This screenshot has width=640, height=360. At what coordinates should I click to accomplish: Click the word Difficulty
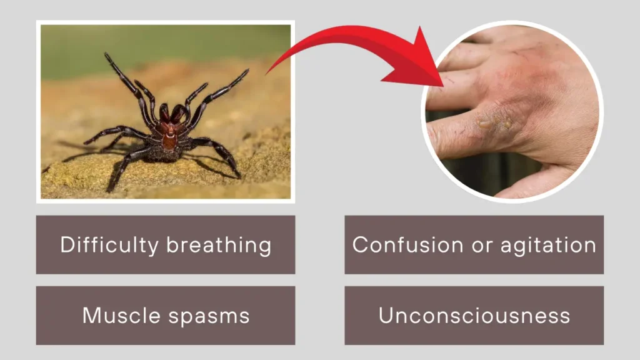(110, 244)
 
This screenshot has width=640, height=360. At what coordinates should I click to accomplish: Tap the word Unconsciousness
(474, 315)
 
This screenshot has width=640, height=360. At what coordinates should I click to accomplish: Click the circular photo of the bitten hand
(512, 112)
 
